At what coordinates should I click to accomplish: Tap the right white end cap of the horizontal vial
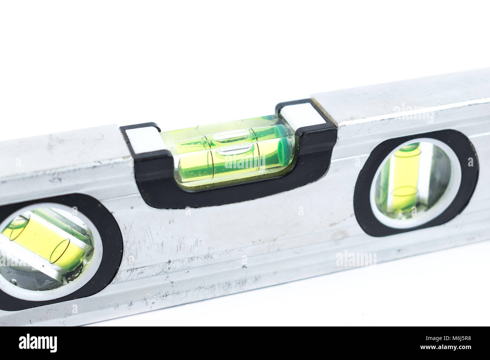300,114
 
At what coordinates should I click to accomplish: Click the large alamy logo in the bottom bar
38,343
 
